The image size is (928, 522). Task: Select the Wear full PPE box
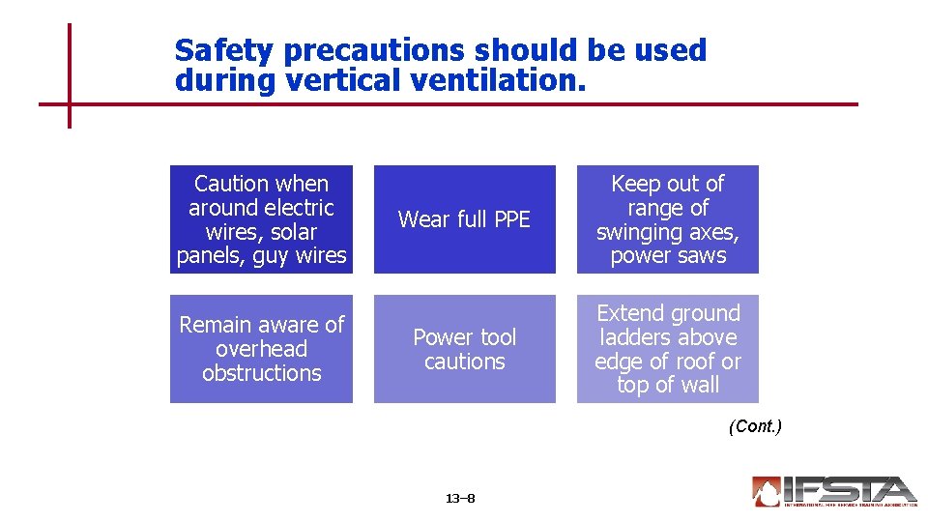465,219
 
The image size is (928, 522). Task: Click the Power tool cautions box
465,349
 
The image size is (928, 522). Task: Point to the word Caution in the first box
233,184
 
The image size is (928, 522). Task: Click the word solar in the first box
293,232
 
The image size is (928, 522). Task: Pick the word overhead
261,349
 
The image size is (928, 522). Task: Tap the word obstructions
261,373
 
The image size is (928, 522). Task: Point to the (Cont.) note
755,426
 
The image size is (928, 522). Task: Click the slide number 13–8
460,499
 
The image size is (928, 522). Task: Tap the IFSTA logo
832,491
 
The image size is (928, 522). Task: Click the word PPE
510,219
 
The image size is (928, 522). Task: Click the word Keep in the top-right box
634,184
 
